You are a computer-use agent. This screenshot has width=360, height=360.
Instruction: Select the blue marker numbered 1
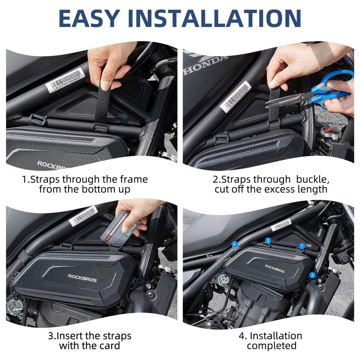[302, 246]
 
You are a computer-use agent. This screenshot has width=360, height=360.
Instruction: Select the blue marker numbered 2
[268, 241]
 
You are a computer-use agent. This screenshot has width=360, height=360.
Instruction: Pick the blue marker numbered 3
[312, 274]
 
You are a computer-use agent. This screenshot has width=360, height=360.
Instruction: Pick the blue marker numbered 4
[234, 244]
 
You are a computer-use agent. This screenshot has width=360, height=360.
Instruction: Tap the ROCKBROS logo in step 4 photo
[275, 267]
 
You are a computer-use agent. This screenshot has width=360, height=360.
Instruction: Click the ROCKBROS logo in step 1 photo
[52, 164]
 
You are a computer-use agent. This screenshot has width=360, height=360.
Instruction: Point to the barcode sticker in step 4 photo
[280, 225]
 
